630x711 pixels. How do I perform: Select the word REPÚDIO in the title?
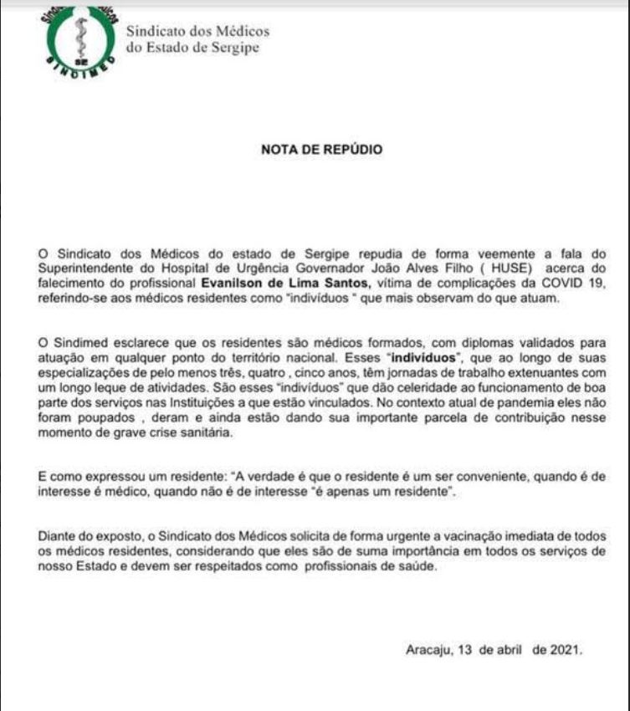click(356, 151)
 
